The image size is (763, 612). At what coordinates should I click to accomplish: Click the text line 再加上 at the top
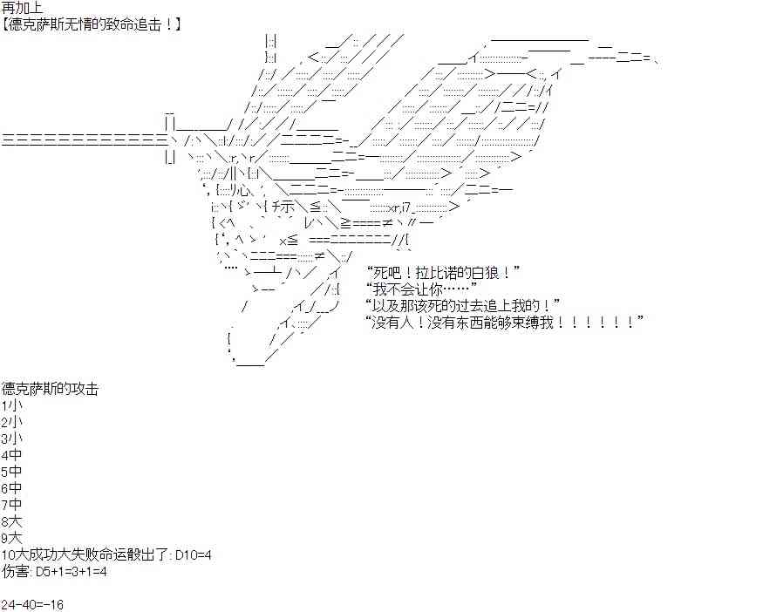[x=23, y=8]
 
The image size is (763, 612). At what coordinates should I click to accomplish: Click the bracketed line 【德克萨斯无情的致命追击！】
[x=91, y=24]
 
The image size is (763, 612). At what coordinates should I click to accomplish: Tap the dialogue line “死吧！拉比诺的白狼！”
[x=442, y=272]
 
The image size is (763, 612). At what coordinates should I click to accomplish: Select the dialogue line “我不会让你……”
[x=421, y=289]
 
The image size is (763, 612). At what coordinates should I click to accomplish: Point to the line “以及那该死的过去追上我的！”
[x=462, y=305]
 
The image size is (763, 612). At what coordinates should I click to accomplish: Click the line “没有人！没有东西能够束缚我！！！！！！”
[x=504, y=322]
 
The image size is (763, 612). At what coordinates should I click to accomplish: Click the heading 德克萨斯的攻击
[x=50, y=389]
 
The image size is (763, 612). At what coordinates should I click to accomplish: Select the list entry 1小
[x=11, y=405]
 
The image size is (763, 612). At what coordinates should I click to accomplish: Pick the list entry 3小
[x=11, y=439]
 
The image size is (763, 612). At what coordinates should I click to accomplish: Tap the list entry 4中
[x=11, y=455]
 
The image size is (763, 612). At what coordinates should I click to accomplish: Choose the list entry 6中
[x=11, y=488]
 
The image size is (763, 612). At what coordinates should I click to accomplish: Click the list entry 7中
[x=11, y=505]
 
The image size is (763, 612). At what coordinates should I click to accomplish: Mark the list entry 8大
[x=11, y=522]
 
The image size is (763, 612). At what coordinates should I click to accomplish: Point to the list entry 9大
[x=11, y=539]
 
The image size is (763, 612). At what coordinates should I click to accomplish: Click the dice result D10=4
[x=194, y=555]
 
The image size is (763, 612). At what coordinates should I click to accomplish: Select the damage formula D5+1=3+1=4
[x=72, y=572]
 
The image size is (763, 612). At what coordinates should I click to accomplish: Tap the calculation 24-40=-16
[x=32, y=605]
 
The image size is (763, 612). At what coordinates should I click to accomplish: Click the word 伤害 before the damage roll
[x=16, y=572]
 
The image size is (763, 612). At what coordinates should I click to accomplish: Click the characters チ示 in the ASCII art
[x=283, y=207]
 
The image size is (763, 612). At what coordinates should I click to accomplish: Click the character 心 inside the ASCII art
[x=245, y=190]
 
